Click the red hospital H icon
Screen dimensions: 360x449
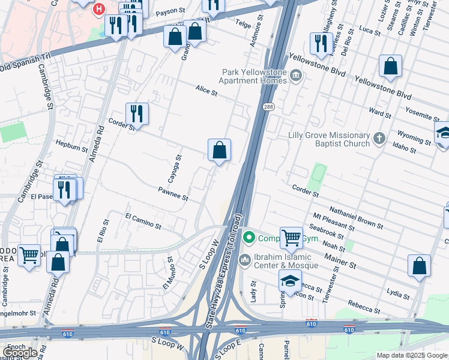[x=98, y=10]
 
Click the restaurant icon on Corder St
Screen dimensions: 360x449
[x=137, y=113]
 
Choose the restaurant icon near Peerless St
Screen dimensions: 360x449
[x=321, y=43]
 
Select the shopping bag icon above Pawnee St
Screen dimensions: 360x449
[x=219, y=150]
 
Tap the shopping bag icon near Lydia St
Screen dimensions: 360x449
[x=419, y=266]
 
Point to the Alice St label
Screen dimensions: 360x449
[x=206, y=90]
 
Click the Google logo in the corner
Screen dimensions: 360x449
[x=19, y=352]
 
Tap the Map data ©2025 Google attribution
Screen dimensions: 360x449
[x=412, y=355]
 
